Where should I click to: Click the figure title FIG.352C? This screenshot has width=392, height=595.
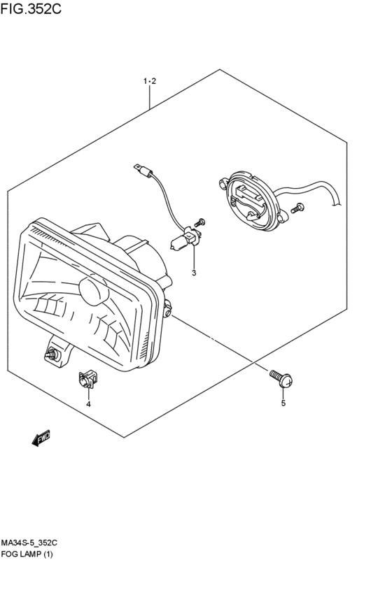(x=31, y=8)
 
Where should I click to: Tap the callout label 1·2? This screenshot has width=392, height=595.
(x=150, y=81)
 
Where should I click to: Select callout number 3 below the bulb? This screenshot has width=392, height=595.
(x=194, y=273)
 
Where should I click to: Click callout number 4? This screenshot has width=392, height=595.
(x=88, y=404)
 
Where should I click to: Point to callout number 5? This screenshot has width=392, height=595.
(x=283, y=403)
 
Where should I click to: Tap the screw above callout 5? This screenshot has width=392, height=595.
(x=281, y=379)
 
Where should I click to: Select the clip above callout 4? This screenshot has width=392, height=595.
(x=87, y=380)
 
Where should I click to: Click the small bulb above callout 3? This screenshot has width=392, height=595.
(x=178, y=242)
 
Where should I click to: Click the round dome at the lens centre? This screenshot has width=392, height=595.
(x=93, y=290)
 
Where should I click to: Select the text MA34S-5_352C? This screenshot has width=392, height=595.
(x=29, y=543)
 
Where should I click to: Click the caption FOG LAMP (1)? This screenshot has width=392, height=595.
(x=27, y=554)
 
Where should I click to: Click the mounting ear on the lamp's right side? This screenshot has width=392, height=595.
(x=167, y=308)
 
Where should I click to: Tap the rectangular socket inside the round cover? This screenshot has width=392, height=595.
(x=247, y=192)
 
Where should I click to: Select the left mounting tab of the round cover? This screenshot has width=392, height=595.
(x=223, y=184)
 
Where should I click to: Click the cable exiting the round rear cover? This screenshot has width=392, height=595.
(x=309, y=188)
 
